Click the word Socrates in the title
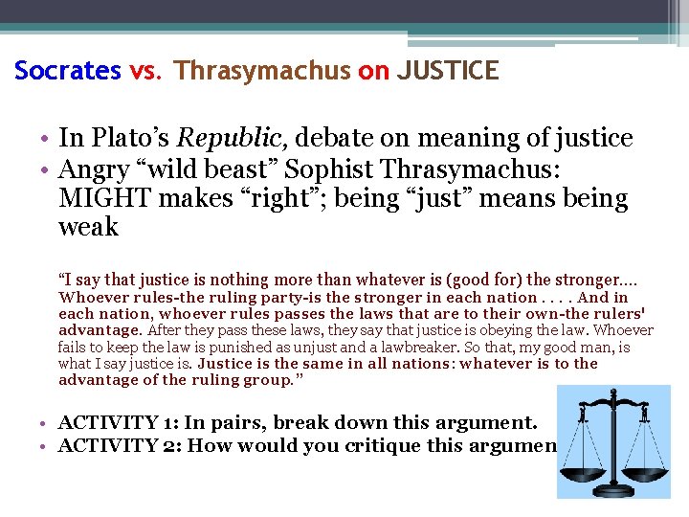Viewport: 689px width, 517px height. click(x=67, y=71)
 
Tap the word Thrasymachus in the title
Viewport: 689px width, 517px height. click(x=262, y=71)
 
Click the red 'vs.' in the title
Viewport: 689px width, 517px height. click(x=146, y=71)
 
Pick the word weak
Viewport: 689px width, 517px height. click(x=88, y=228)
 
